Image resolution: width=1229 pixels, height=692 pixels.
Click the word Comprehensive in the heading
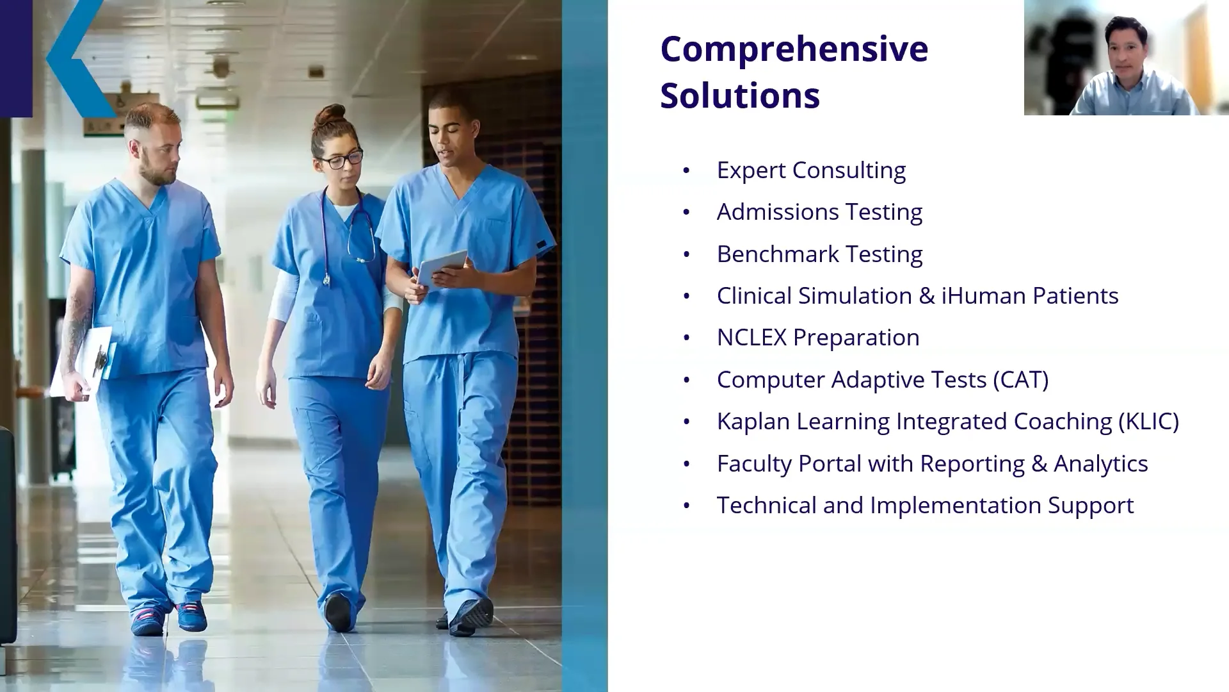[x=794, y=49]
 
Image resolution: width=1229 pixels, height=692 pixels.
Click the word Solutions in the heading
[x=739, y=95]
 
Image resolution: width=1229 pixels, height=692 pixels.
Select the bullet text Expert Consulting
[x=810, y=170]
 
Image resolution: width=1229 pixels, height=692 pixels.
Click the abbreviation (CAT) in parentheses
[x=1020, y=380]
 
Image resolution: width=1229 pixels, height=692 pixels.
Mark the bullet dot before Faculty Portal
[x=687, y=465]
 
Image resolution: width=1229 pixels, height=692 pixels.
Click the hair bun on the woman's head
[x=330, y=115]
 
